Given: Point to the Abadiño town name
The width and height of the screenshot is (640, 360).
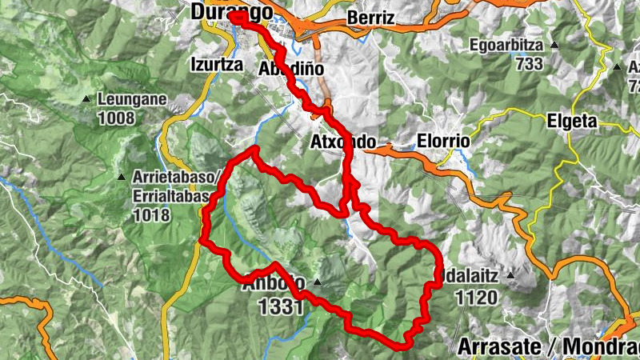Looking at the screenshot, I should [x=291, y=69].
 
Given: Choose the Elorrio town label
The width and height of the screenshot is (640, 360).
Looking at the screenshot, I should [x=444, y=142].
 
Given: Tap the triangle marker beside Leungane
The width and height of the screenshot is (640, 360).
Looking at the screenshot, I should [x=86, y=100].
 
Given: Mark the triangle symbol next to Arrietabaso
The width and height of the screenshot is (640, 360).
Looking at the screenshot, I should [x=121, y=177].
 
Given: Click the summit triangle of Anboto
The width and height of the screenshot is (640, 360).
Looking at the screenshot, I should [x=318, y=282].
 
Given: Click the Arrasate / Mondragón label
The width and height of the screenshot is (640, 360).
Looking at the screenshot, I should [x=549, y=347].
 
